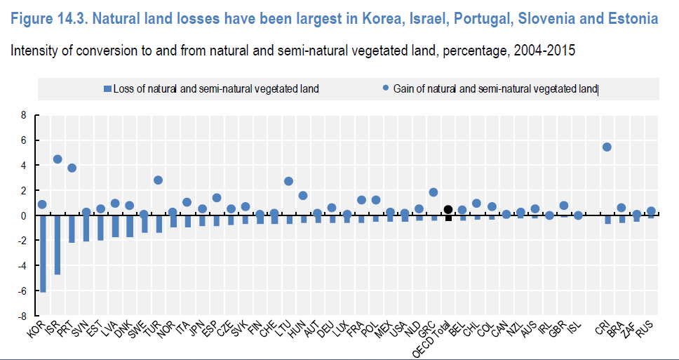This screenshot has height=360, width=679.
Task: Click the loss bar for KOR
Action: (x=42, y=253)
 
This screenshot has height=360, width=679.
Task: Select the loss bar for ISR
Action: (x=57, y=245)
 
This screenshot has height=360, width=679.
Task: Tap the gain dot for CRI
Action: (x=607, y=147)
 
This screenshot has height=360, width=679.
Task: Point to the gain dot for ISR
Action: (x=57, y=159)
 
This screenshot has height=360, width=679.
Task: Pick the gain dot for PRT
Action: (x=72, y=168)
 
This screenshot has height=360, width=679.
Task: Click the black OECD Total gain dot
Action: (x=448, y=209)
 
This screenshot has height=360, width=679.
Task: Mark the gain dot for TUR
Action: (x=159, y=180)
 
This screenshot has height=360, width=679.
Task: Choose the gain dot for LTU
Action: (x=288, y=180)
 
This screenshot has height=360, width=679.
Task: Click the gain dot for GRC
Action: (x=433, y=192)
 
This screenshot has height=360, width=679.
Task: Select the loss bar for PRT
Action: (x=72, y=229)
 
